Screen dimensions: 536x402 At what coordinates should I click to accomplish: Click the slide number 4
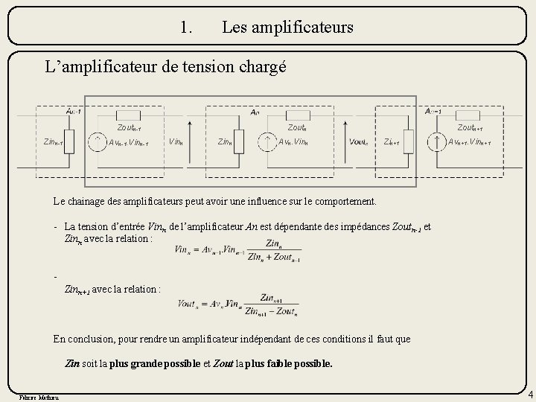[529, 393]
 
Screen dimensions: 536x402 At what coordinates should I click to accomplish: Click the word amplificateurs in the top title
[287, 28]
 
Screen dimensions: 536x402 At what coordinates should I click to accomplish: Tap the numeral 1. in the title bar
[186, 28]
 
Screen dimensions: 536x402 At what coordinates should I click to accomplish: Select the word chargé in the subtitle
[261, 68]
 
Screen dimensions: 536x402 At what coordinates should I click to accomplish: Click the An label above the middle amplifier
[255, 112]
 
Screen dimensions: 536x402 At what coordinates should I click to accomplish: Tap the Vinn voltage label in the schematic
[176, 141]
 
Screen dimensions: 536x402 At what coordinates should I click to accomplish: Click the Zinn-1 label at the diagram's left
[54, 141]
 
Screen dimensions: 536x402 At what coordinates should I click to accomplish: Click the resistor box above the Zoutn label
[298, 115]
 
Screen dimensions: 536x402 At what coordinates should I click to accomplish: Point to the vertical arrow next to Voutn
[339, 141]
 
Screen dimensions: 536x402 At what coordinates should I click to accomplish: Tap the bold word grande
[150, 364]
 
